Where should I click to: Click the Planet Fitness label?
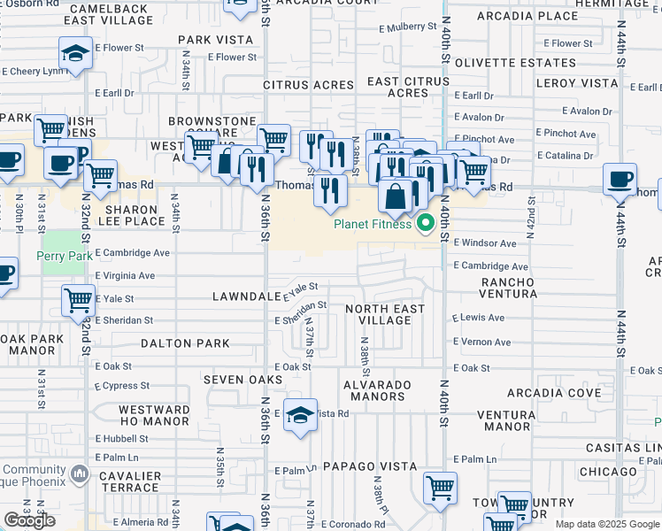(372, 224)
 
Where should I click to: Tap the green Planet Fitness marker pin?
(425, 223)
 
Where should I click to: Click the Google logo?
(30, 520)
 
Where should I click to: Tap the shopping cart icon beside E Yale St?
(79, 301)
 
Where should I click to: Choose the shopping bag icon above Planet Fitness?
(396, 196)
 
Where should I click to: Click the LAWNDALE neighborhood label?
(246, 296)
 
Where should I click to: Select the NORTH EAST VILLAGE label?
(384, 314)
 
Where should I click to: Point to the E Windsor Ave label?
(484, 242)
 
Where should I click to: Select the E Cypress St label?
(123, 386)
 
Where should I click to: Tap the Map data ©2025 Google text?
(606, 525)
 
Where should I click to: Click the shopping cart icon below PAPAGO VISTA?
(440, 488)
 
